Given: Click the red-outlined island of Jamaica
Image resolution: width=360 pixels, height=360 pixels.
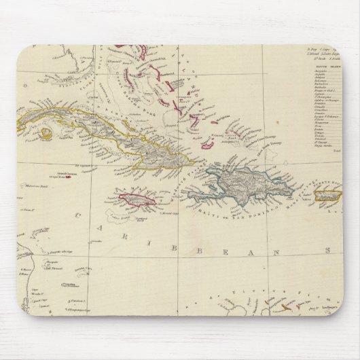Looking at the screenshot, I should [x=138, y=200].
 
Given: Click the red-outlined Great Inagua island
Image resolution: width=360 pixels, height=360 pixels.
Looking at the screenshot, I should [x=210, y=145].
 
